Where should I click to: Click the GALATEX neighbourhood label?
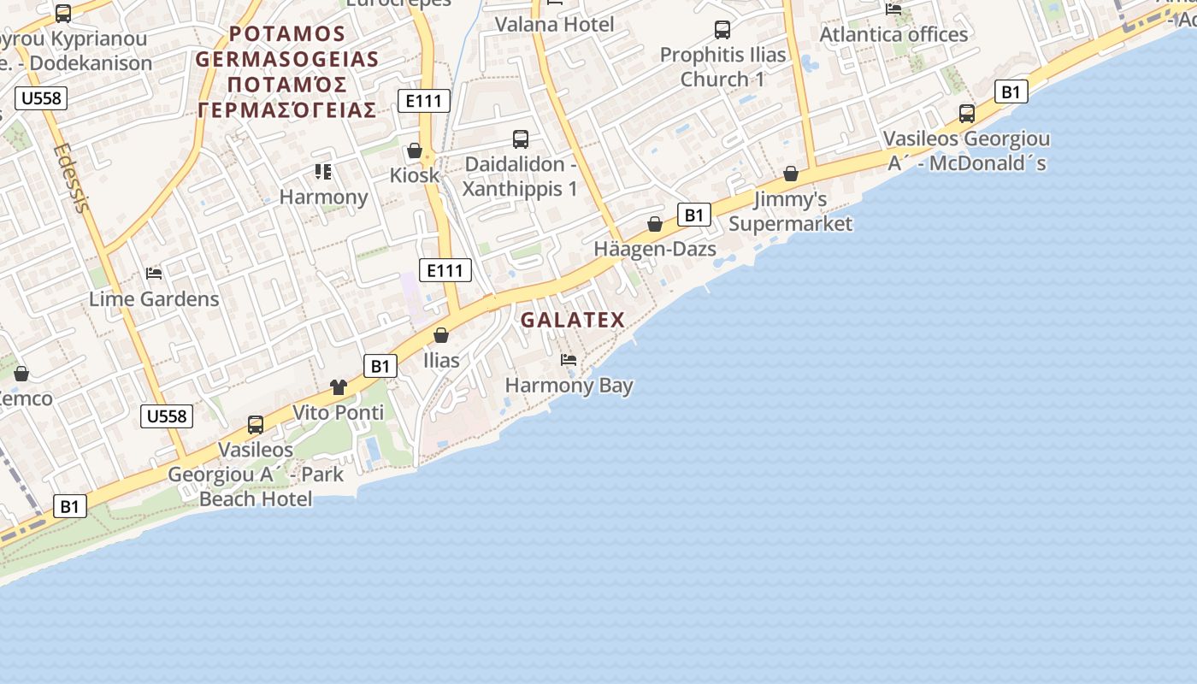click(573, 321)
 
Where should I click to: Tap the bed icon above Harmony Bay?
click(569, 360)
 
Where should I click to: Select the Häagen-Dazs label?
click(655, 250)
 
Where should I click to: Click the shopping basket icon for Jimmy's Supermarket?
click(791, 174)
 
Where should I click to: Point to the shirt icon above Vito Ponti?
click(339, 387)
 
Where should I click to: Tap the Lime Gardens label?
click(154, 299)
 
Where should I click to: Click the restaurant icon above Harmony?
click(323, 172)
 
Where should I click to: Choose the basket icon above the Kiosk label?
click(415, 151)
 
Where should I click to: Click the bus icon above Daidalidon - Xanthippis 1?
click(520, 139)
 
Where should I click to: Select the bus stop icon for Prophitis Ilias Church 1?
click(722, 31)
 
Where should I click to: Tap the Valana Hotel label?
click(555, 24)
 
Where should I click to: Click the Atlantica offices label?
click(893, 34)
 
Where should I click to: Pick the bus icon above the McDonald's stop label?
click(966, 114)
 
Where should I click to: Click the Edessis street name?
click(71, 178)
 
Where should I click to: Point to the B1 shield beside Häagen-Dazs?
click(693, 215)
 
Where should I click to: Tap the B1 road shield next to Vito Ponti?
click(380, 367)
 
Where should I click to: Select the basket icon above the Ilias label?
click(441, 335)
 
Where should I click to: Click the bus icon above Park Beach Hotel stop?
click(255, 425)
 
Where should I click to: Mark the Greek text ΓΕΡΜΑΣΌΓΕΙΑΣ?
click(287, 110)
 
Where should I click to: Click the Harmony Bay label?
click(569, 386)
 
